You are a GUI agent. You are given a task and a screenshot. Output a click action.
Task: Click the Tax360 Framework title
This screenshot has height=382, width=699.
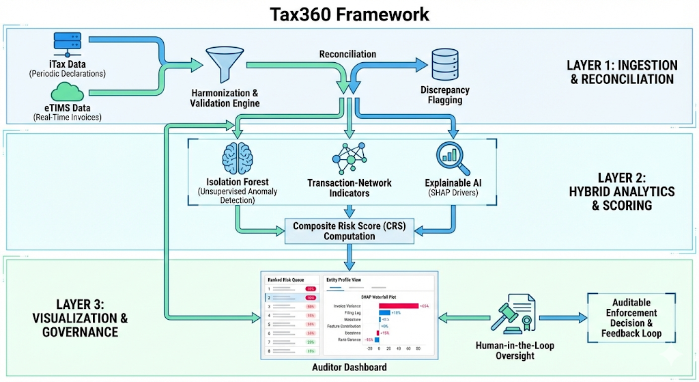pyautogui.click(x=349, y=14)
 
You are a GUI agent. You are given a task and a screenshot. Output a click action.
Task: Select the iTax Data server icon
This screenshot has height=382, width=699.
pyautogui.click(x=68, y=46)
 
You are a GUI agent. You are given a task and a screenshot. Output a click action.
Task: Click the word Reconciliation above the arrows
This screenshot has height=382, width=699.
pyautogui.click(x=347, y=54)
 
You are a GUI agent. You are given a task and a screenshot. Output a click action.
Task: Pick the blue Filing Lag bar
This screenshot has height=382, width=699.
pyautogui.click(x=384, y=312)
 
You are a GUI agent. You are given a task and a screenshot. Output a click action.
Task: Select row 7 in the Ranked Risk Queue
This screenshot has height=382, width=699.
pyautogui.click(x=290, y=341)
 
